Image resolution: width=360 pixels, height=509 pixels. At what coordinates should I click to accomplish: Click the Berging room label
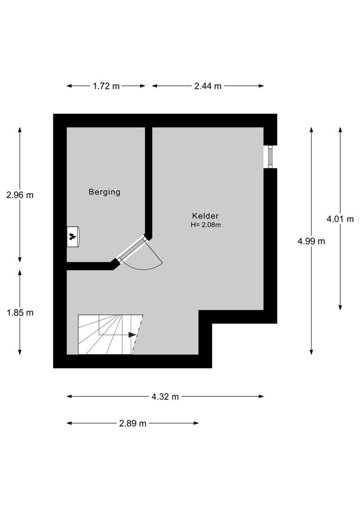tap(105, 192)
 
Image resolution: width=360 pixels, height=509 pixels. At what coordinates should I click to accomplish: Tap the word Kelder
tap(205, 216)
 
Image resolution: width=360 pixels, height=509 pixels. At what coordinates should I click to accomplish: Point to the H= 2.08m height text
tap(205, 225)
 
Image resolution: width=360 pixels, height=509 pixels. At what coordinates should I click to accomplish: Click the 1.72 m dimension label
tap(106, 86)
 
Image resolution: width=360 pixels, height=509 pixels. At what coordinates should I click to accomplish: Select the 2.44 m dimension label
tap(208, 86)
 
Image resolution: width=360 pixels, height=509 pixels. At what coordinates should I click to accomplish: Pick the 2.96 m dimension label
tap(20, 195)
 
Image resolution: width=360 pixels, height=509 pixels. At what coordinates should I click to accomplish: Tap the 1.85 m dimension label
tap(20, 312)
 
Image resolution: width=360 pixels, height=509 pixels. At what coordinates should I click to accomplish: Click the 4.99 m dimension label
tap(311, 241)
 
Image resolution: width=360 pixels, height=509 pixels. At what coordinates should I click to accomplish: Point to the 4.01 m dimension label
tap(340, 219)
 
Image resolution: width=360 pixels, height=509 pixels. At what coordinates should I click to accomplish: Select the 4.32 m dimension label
tap(165, 396)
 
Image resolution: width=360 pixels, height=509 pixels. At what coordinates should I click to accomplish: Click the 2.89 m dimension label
tap(133, 423)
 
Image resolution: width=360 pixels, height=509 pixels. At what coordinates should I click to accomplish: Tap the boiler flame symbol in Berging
tap(72, 237)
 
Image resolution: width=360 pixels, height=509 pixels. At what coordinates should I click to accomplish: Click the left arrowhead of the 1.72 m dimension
tap(69, 86)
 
